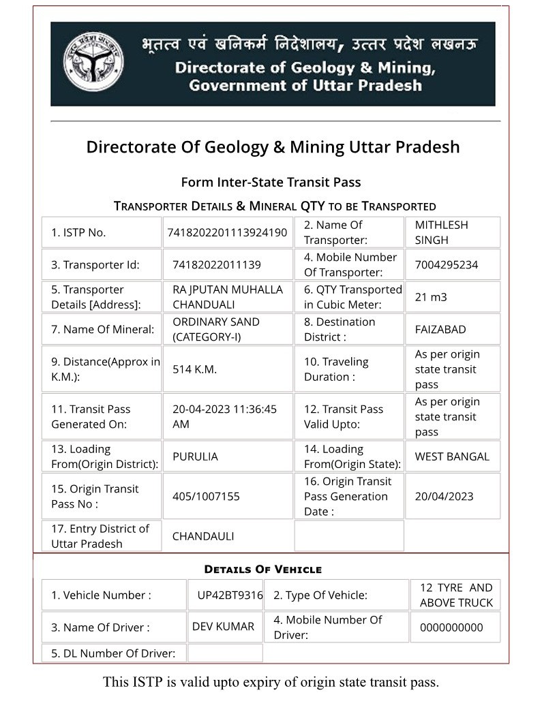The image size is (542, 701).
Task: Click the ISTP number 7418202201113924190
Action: point(227,232)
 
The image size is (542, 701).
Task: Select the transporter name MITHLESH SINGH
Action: point(441,232)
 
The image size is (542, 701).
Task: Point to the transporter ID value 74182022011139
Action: point(217,264)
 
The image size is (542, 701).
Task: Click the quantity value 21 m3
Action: point(431,297)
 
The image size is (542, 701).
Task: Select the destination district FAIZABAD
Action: point(440,329)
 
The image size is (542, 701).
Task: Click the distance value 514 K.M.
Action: point(194,369)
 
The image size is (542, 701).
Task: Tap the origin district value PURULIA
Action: point(195,456)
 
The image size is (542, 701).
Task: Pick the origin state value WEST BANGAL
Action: point(452,456)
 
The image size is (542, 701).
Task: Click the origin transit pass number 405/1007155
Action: point(206,496)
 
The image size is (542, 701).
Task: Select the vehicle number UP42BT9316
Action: point(230,595)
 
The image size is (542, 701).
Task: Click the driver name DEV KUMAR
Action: point(223,627)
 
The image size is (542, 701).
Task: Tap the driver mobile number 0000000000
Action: point(451,627)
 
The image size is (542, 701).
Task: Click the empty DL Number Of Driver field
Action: point(225,653)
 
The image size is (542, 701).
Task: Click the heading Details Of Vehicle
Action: point(262,569)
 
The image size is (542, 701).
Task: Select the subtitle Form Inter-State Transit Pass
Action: point(271,182)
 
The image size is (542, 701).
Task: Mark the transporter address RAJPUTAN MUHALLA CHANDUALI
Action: point(227,297)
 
